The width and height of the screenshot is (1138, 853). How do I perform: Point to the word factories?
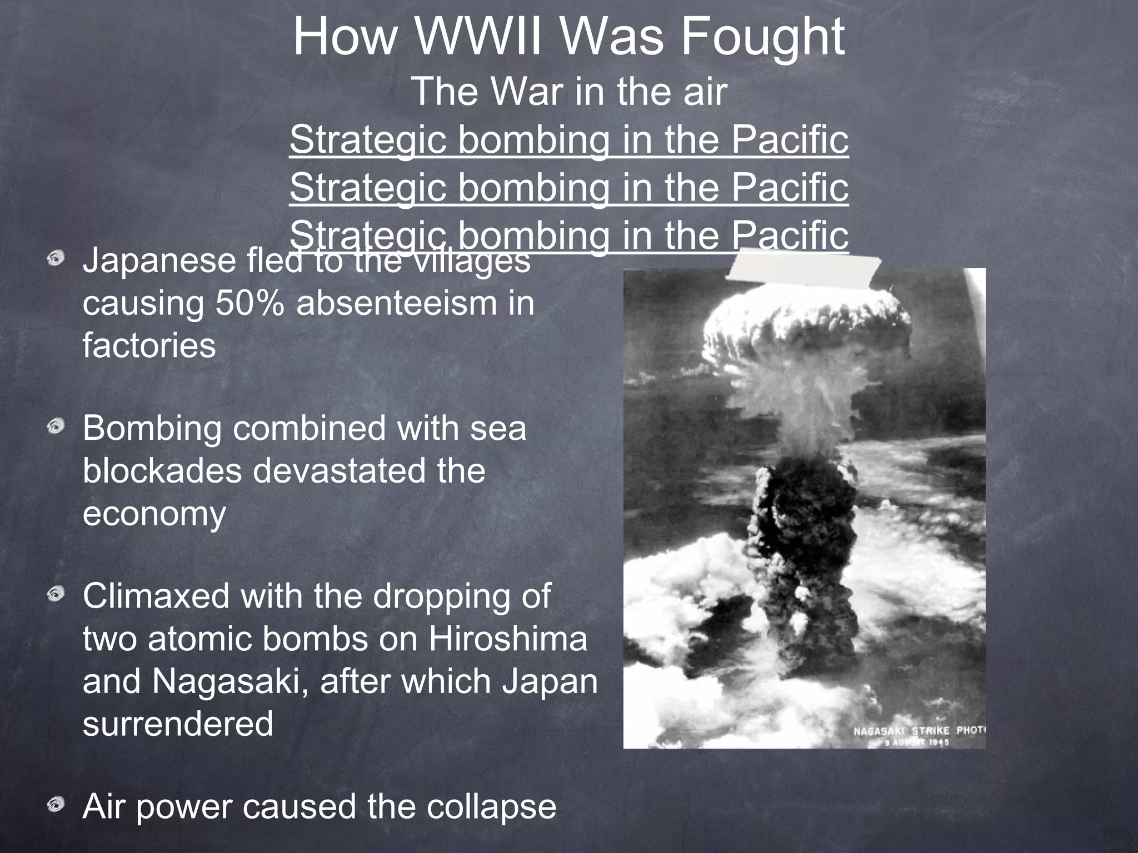(x=149, y=345)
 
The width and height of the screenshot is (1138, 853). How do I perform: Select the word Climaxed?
(x=156, y=596)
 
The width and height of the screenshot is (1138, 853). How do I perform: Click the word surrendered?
(x=178, y=724)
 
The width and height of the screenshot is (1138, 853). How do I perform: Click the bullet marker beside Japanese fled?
(x=56, y=259)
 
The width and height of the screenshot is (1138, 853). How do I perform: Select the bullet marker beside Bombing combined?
(x=56, y=427)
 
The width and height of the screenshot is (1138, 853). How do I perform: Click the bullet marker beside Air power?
(x=56, y=805)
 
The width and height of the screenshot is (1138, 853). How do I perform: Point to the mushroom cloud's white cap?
(x=806, y=328)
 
